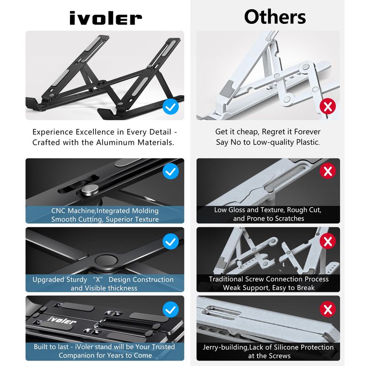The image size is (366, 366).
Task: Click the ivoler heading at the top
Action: point(106,18)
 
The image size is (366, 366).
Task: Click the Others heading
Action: point(275,17)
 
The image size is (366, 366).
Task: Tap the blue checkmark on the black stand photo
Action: point(171,107)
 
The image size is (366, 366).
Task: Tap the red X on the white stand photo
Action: point(328,106)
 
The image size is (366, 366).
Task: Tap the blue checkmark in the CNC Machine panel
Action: point(171,171)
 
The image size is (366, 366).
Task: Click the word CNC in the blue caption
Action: point(59,211)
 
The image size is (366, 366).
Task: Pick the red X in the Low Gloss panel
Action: point(328,171)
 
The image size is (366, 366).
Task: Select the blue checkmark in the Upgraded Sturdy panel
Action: point(171,241)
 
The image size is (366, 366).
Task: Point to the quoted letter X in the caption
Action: point(98,280)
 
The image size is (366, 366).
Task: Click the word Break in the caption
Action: point(303,288)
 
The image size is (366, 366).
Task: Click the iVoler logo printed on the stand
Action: point(62,321)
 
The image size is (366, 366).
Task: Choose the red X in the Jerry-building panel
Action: point(328,309)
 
